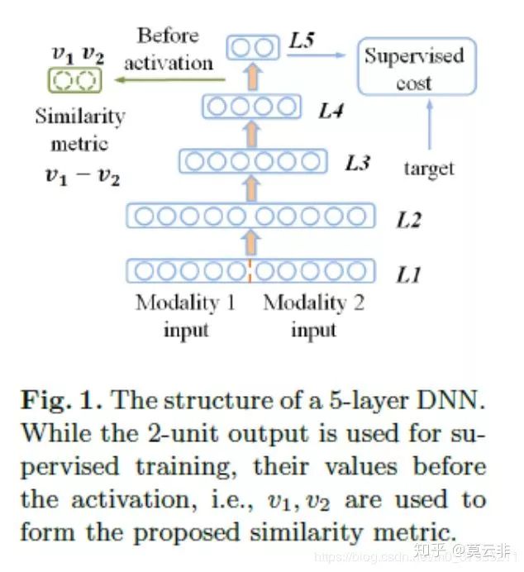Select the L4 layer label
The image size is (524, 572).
point(330,110)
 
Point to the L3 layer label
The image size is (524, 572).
point(356,163)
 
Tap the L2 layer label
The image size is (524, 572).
point(408,219)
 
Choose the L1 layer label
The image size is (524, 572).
point(408,274)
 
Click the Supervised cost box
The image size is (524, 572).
point(417,68)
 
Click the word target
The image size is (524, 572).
point(428,169)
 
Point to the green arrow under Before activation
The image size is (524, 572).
point(170,80)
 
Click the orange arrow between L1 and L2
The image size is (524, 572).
point(252,243)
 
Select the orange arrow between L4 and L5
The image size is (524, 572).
point(252,78)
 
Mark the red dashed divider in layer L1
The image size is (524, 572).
point(249,270)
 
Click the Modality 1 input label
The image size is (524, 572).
point(185,316)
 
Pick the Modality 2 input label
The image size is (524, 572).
point(313,316)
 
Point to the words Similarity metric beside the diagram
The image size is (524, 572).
point(79,130)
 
